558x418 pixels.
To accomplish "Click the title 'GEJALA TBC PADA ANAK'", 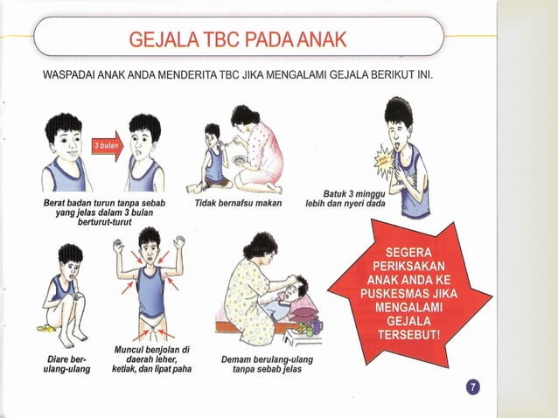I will [238, 39].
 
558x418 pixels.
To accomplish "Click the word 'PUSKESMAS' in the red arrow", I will [409, 293].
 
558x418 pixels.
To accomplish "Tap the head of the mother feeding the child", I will [246, 115].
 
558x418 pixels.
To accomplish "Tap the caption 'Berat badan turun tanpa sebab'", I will [104, 203].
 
